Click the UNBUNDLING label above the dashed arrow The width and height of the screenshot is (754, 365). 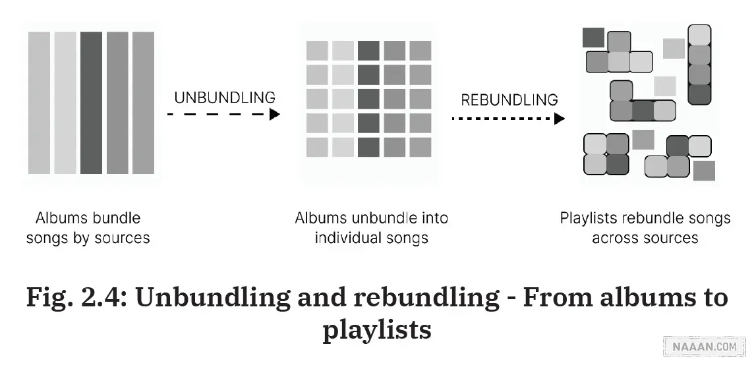click(224, 98)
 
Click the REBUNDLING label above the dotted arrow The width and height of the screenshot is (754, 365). click(509, 100)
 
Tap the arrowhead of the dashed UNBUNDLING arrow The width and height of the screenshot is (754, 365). click(275, 114)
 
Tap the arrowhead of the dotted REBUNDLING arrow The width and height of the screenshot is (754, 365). click(560, 119)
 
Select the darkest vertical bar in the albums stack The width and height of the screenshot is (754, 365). click(91, 103)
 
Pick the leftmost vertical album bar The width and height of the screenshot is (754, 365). click(39, 103)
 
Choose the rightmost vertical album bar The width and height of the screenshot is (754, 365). click(143, 103)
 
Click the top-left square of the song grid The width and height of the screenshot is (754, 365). click(317, 51)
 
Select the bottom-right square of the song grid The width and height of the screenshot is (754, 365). click(420, 146)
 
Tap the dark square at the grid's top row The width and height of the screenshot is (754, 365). click(368, 51)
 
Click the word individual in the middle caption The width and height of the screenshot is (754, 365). click(345, 238)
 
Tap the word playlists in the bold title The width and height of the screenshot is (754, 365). click(376, 329)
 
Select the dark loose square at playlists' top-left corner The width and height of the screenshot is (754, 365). click(593, 37)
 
